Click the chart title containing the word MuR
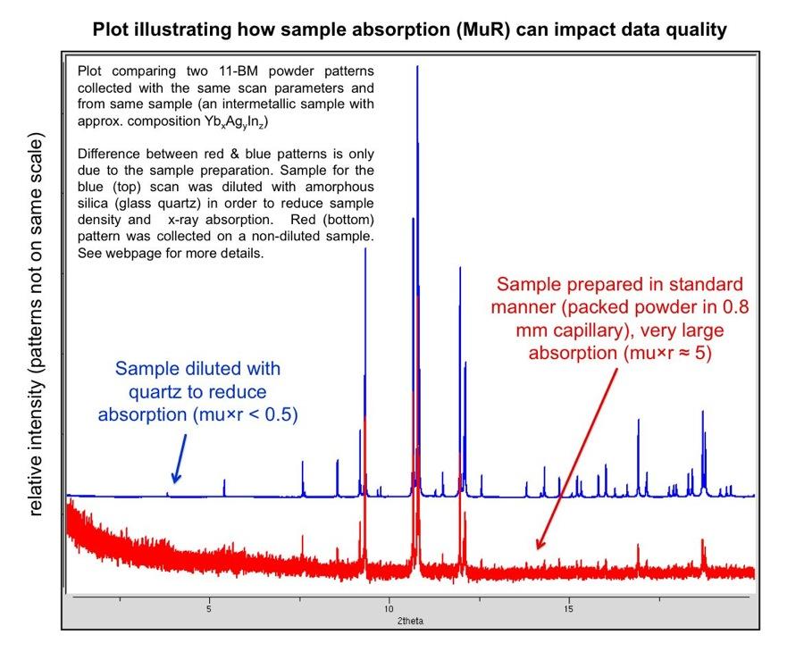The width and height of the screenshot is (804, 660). (409, 29)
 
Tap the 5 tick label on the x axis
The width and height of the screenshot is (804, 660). (209, 609)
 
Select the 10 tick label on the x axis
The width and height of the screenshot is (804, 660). (389, 609)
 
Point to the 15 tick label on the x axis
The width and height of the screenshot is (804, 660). (568, 609)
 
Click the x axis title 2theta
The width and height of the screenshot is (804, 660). (410, 621)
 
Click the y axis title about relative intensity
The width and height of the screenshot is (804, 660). (35, 324)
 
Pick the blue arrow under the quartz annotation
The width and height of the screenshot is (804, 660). (180, 459)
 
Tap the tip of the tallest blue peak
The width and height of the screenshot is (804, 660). (417, 66)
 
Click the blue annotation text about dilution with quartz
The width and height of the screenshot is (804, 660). (198, 391)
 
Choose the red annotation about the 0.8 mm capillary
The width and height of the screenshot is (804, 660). (620, 318)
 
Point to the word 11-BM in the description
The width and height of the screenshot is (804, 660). (234, 71)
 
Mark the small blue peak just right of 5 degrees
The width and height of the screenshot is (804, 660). (224, 487)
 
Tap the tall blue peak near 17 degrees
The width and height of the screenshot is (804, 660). (639, 456)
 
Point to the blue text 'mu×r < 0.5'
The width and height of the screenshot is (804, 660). (245, 414)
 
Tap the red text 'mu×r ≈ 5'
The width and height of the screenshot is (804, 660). (666, 353)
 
